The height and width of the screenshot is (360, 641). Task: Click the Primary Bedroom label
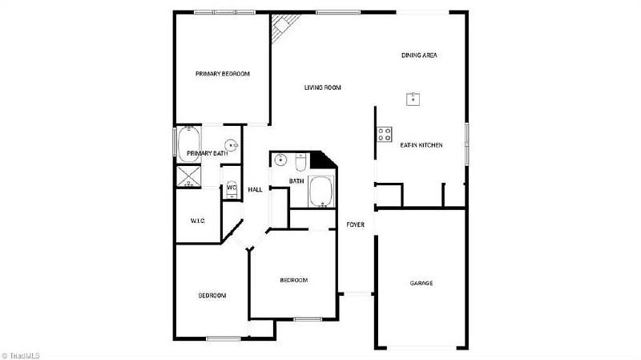click(223, 74)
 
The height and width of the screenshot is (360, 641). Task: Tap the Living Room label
click(323, 87)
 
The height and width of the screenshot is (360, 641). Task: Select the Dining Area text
click(419, 55)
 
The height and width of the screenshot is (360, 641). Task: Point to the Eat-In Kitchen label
click(421, 145)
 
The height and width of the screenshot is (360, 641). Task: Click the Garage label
click(421, 283)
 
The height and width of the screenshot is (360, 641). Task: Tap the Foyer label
click(355, 224)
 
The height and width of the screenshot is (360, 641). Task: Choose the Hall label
click(255, 190)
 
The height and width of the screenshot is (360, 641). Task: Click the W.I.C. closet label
click(198, 221)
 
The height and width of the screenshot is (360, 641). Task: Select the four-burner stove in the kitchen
click(385, 134)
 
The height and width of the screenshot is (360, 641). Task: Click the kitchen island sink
click(413, 99)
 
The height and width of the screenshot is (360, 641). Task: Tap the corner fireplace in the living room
click(284, 27)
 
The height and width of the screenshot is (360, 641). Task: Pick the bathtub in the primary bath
click(189, 144)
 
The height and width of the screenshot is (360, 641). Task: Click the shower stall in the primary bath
click(189, 176)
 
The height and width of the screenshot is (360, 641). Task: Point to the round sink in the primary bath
click(231, 145)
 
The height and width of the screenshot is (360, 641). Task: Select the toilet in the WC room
click(232, 190)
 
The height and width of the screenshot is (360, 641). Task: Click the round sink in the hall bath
click(280, 160)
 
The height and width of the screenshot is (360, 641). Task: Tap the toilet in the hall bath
click(300, 162)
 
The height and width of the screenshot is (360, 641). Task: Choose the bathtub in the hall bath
click(322, 192)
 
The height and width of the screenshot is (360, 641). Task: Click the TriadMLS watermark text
click(21, 356)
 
